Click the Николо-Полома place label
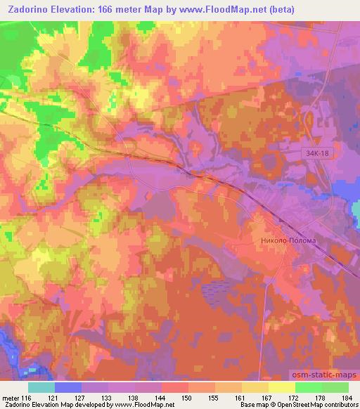284,240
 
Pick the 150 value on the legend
187,398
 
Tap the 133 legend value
107,398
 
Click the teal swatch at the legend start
41,387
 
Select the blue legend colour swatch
68,387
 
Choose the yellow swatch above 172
282,387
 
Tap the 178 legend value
320,398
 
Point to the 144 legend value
160,398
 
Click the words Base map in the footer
250,405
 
